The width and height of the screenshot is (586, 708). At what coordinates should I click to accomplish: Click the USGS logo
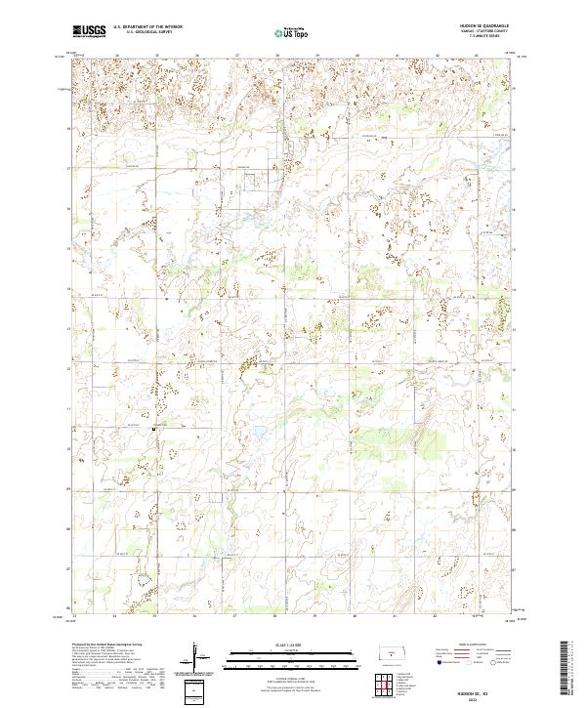[89, 31]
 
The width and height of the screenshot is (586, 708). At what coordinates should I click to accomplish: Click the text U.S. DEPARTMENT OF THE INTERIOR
[147, 27]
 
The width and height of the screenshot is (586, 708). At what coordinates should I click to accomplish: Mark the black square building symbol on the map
[154, 428]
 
